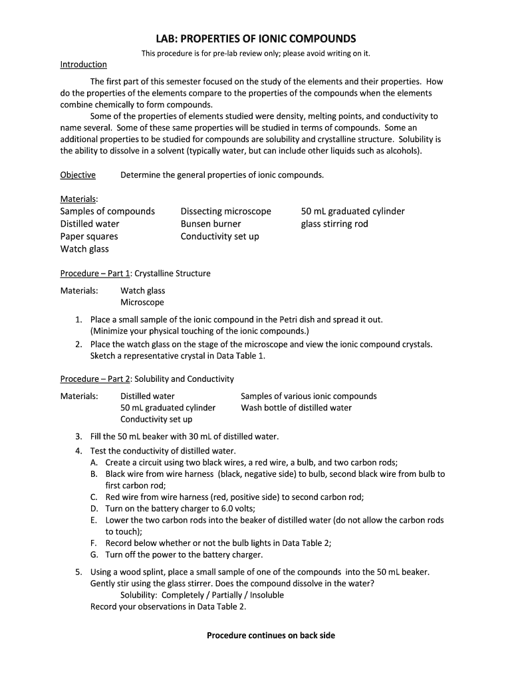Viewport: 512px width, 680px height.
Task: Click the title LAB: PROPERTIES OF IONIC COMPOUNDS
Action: (256, 39)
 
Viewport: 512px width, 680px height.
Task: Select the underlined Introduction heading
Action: (83, 64)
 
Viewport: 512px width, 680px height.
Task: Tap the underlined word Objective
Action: (78, 175)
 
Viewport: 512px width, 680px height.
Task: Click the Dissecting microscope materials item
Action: (225, 211)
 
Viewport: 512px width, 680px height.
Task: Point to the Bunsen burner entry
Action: (210, 224)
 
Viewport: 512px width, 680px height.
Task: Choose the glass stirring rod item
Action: (334, 224)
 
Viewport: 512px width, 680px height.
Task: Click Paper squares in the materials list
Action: (89, 236)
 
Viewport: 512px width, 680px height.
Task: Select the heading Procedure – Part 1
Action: (95, 274)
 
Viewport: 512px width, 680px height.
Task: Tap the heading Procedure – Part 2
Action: (95, 379)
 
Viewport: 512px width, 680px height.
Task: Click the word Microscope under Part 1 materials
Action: (142, 303)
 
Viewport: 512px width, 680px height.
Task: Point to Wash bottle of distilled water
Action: (296, 408)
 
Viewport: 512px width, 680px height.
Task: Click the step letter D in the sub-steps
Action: (94, 508)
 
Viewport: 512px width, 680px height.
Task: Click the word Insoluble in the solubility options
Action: (264, 595)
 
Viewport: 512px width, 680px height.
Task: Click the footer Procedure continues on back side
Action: (271, 636)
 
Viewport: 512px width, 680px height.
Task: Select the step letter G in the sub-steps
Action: (94, 554)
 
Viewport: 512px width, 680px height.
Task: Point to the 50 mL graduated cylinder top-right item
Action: (352, 211)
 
